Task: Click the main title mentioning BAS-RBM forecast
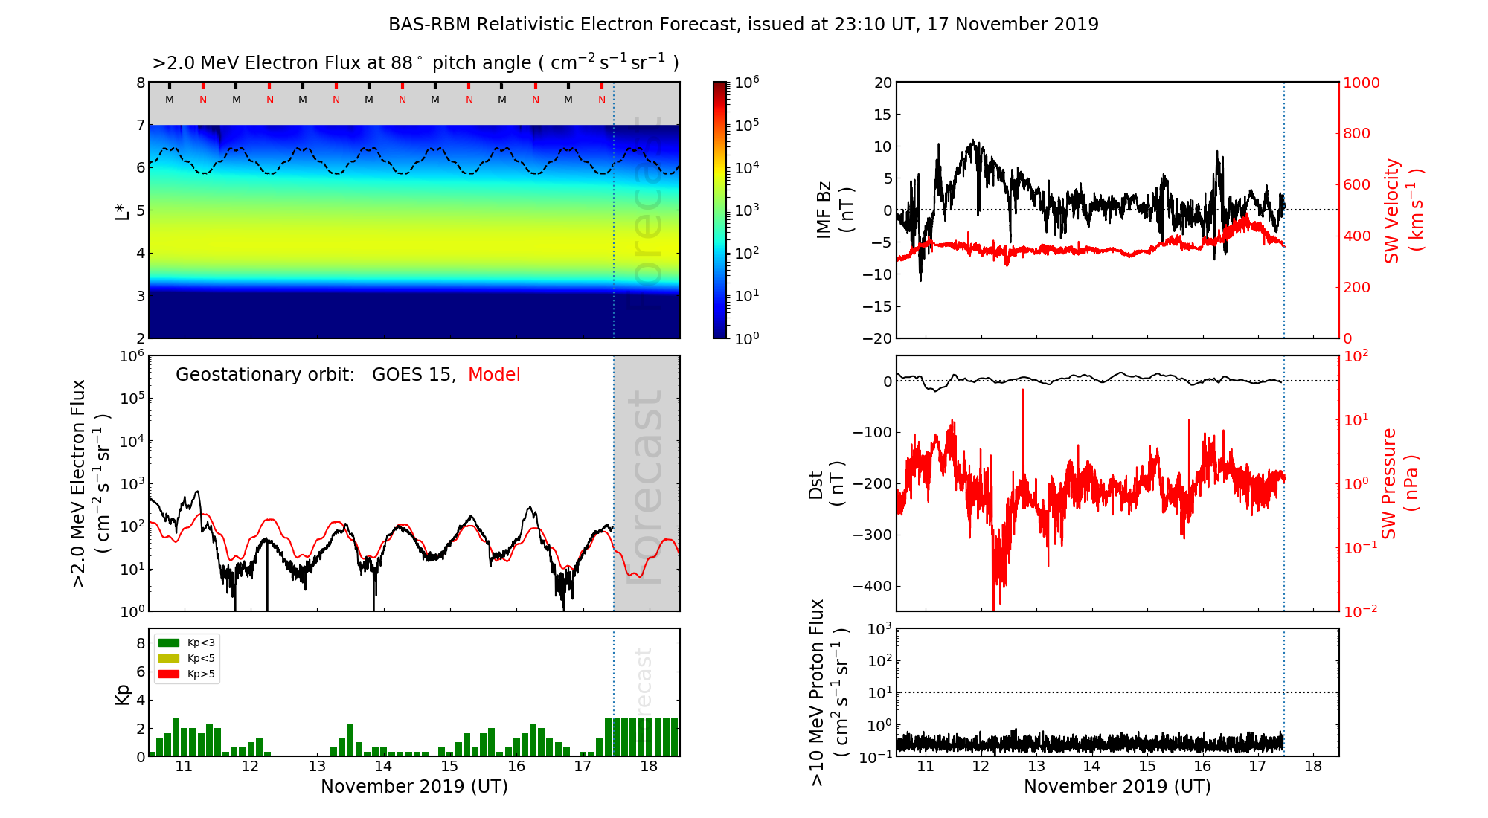pos(743,25)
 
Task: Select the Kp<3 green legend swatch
pos(169,643)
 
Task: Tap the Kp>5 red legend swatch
pos(169,674)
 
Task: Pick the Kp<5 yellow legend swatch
pos(169,658)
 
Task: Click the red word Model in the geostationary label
pos(494,375)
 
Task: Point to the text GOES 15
pos(413,375)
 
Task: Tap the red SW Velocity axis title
pos(1402,210)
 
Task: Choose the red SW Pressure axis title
pos(1399,483)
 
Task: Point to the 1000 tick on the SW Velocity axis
pos(1361,83)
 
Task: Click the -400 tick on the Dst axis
pos(872,586)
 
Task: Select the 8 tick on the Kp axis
pos(140,643)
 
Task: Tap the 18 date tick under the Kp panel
pos(649,767)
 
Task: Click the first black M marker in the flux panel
pos(170,100)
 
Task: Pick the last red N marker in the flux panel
pos(602,100)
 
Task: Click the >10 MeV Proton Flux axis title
pos(828,692)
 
